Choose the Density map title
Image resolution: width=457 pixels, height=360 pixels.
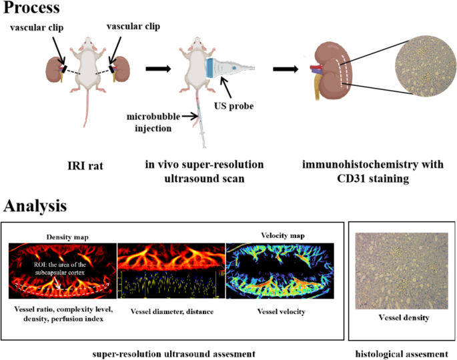(x=63, y=237)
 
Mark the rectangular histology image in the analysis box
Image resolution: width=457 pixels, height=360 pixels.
(x=402, y=269)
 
